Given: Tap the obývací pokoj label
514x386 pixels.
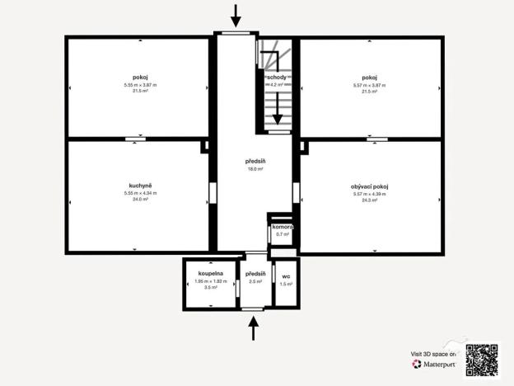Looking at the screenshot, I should coord(368,187).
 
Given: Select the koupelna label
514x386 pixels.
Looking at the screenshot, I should coord(210,273).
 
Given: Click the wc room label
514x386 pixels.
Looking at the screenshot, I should coord(286,276).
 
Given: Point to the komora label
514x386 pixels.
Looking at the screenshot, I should coord(283,227).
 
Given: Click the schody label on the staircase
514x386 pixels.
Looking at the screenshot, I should coord(276,77).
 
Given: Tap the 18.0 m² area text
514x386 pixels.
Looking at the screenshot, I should coord(255,169).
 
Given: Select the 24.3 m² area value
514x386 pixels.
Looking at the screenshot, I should coord(368,200).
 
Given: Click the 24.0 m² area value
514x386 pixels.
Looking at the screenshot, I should coord(137,200).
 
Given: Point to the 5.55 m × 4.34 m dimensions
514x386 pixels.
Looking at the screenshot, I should coord(137,194).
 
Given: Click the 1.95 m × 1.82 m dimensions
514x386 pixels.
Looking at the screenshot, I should coord(210,280).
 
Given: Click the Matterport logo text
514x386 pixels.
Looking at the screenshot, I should coord(432,363).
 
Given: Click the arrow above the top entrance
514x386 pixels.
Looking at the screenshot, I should coord(236,15).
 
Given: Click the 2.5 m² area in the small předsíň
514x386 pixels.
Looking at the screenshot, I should coord(255,281).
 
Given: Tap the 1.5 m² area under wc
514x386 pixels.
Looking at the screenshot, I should coord(286,284).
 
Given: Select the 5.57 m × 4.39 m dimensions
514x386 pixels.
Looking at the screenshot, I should coord(368,194).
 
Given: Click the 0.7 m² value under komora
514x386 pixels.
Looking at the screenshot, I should coord(283,234).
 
